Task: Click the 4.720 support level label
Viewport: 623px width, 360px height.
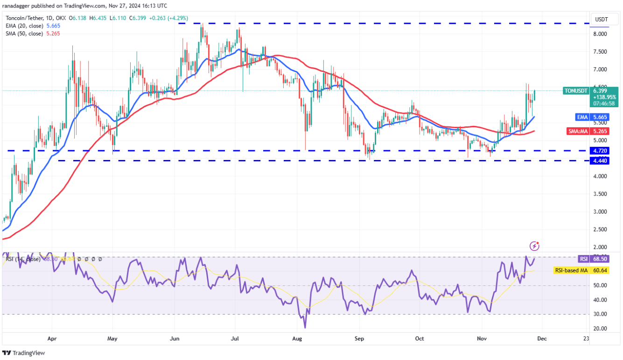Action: pyautogui.click(x=600, y=151)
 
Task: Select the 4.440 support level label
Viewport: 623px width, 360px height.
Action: pyautogui.click(x=600, y=160)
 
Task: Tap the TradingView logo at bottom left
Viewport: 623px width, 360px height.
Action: pyautogui.click(x=24, y=353)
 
